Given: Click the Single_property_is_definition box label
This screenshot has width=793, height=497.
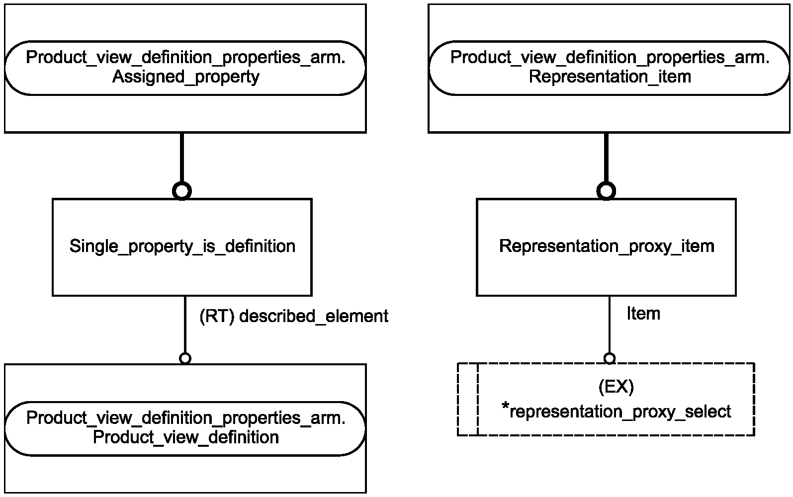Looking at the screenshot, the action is pyautogui.click(x=182, y=247).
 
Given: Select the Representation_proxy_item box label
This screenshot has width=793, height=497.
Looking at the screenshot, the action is pyautogui.click(x=607, y=247).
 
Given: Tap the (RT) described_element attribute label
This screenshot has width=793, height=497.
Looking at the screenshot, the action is pyautogui.click(x=294, y=316).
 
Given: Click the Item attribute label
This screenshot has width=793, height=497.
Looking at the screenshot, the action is pyautogui.click(x=643, y=314).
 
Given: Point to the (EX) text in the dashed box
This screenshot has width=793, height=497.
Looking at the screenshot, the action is pyautogui.click(x=616, y=387).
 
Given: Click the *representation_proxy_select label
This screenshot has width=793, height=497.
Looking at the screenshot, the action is pyautogui.click(x=617, y=412).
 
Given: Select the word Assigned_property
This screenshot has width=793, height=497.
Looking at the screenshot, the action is pyautogui.click(x=186, y=77).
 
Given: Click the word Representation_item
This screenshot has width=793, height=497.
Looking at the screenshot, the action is pyautogui.click(x=610, y=77).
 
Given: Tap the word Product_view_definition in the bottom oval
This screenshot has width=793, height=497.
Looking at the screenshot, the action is pyautogui.click(x=186, y=437).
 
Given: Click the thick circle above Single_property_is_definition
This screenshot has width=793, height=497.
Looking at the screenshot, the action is pyautogui.click(x=182, y=191).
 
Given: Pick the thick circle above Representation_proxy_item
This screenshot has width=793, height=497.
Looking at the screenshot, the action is pyautogui.click(x=606, y=191).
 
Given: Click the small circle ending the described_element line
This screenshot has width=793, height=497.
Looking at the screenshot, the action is pyautogui.click(x=185, y=359).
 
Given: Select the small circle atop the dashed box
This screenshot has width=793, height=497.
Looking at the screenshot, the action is pyautogui.click(x=609, y=359).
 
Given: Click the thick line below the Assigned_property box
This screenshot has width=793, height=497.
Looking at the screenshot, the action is pyautogui.click(x=182, y=158).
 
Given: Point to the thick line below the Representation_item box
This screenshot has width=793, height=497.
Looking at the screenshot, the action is pyautogui.click(x=606, y=158).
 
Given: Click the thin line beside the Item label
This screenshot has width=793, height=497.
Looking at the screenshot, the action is pyautogui.click(x=609, y=325).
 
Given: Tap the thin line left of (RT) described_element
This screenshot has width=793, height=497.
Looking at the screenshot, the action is pyautogui.click(x=185, y=325).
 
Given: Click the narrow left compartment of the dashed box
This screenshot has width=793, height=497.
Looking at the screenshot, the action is pyautogui.click(x=468, y=399).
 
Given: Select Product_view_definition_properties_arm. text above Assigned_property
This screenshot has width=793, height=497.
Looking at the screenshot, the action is pyautogui.click(x=186, y=57).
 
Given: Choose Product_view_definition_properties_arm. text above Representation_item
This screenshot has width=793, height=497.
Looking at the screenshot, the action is pyautogui.click(x=610, y=57).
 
